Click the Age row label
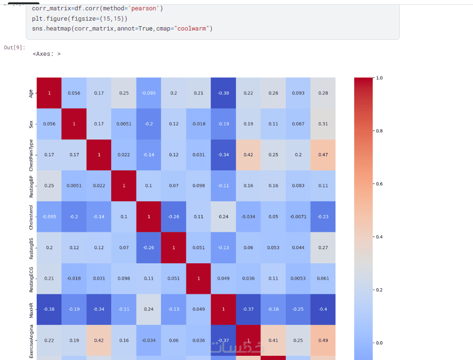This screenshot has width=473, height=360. pyautogui.click(x=31, y=93)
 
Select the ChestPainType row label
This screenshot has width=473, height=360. pyautogui.click(x=31, y=155)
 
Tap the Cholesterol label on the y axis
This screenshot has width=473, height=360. pyautogui.click(x=31, y=217)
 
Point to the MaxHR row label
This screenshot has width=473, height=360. pyautogui.click(x=31, y=309)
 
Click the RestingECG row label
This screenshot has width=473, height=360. pyautogui.click(x=31, y=278)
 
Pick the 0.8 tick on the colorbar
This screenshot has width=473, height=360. pyautogui.click(x=379, y=131)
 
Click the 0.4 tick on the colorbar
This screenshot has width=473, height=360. pyautogui.click(x=379, y=237)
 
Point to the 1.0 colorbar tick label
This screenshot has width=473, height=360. pyautogui.click(x=379, y=78)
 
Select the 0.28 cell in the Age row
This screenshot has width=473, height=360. pyautogui.click(x=323, y=93)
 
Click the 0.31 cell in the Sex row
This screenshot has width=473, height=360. pyautogui.click(x=323, y=124)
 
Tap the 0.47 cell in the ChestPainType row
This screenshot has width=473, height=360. pyautogui.click(x=323, y=155)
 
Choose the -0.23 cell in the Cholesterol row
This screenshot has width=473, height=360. pyautogui.click(x=323, y=217)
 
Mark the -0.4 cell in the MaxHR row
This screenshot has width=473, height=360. pyautogui.click(x=323, y=309)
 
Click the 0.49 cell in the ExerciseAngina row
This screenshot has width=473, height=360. pyautogui.click(x=323, y=340)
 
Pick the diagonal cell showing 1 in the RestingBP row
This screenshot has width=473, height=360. pyautogui.click(x=124, y=186)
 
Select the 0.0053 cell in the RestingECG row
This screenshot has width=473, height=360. pyautogui.click(x=298, y=278)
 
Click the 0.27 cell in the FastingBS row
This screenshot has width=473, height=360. pyautogui.click(x=323, y=247)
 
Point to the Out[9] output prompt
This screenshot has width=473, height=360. pyautogui.click(x=15, y=48)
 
